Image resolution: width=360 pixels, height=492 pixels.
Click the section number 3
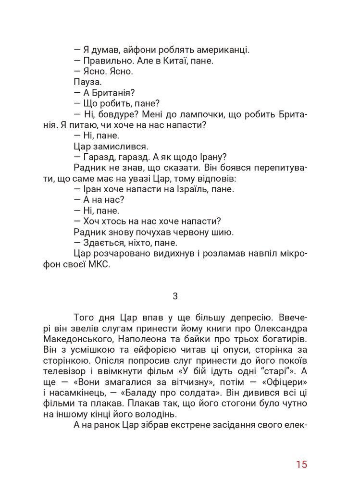point(175,296)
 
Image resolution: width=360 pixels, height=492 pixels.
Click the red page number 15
point(301,465)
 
